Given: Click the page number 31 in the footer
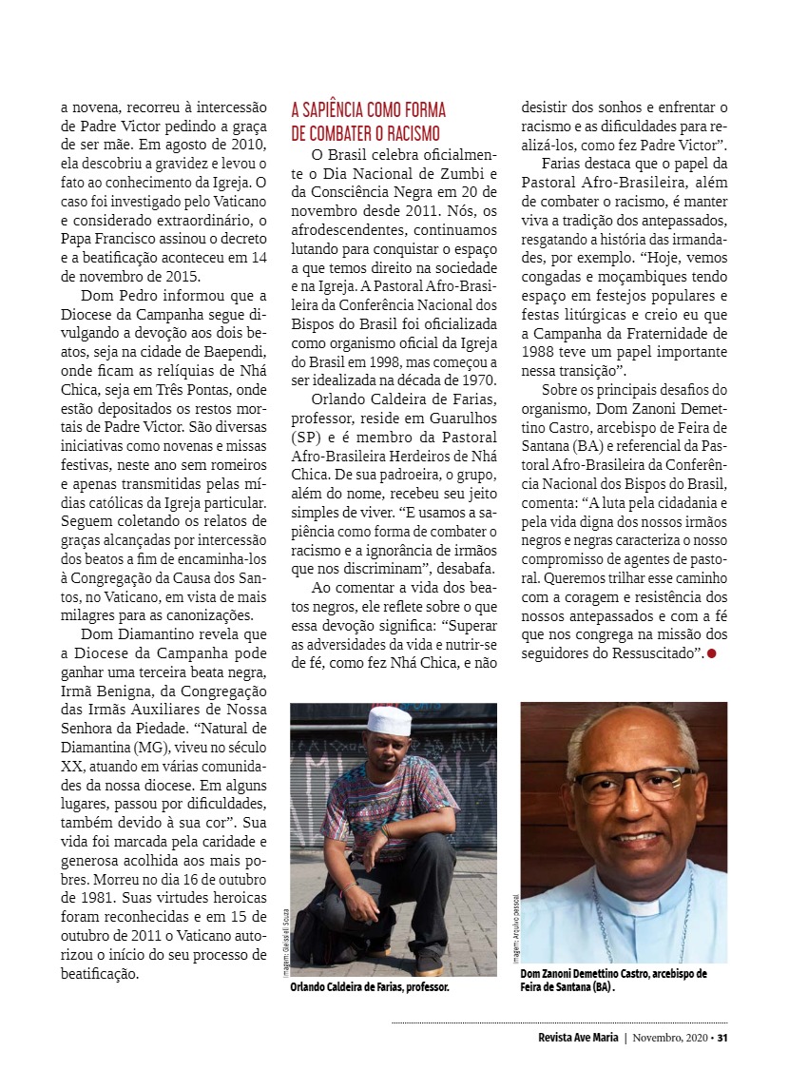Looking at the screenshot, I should pyautogui.click(x=722, y=1037).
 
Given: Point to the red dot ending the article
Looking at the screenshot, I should pyautogui.click(x=711, y=653).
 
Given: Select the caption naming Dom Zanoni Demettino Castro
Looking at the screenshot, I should pyautogui.click(x=614, y=980).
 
